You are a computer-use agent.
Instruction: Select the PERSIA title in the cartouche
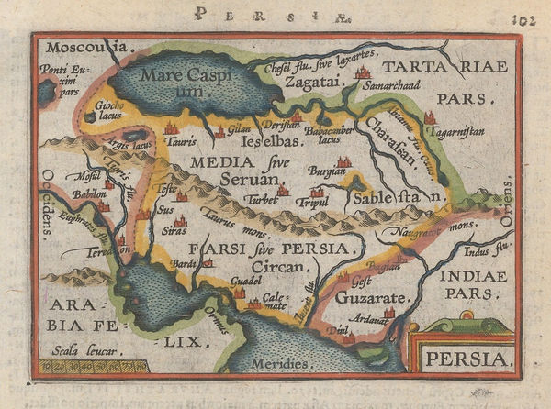pos(468,358)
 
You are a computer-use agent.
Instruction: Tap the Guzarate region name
pos(365,299)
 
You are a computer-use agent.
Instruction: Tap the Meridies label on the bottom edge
pos(279,364)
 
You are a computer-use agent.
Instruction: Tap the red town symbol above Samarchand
pos(363,71)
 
